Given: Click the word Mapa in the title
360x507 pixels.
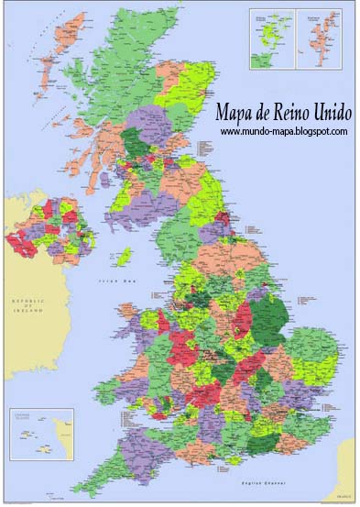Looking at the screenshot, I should [x=234, y=115].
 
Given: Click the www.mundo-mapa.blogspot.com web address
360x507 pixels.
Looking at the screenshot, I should [x=284, y=132].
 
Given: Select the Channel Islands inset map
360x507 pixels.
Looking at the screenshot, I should [x=39, y=432].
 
